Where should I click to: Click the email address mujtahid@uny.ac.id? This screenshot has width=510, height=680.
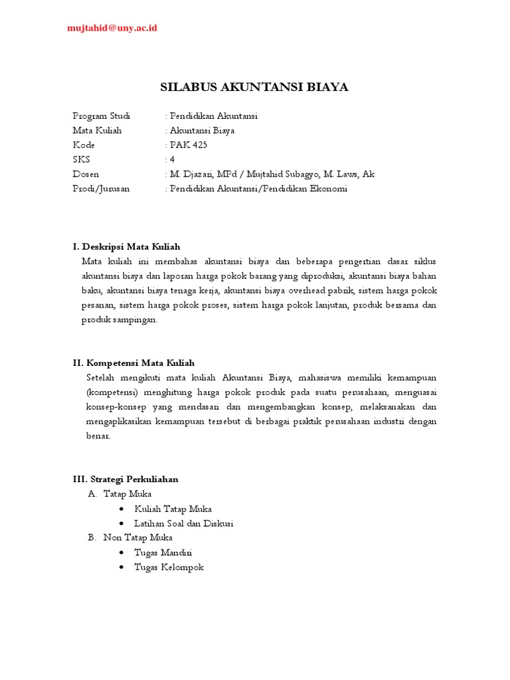(112, 28)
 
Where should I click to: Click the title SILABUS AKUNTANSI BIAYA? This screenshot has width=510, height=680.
(254, 87)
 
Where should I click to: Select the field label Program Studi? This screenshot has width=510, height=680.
(102, 116)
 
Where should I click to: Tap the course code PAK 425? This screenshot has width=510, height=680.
(189, 145)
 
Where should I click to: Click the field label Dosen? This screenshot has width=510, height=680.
(86, 174)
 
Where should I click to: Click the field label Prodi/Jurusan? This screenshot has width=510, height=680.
(101, 189)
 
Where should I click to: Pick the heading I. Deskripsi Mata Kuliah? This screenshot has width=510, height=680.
(126, 246)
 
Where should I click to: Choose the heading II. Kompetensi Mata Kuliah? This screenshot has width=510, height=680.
(133, 363)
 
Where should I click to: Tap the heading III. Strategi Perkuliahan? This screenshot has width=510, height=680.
(126, 479)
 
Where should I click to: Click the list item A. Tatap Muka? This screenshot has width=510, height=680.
(120, 494)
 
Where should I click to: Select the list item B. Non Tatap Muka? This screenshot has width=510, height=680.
(130, 537)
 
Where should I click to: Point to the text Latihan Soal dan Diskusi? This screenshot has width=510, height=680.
(183, 523)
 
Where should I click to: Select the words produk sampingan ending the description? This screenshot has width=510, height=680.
(120, 319)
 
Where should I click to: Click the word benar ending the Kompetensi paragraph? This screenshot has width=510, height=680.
(98, 436)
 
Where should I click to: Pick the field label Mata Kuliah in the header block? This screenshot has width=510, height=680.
(97, 130)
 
